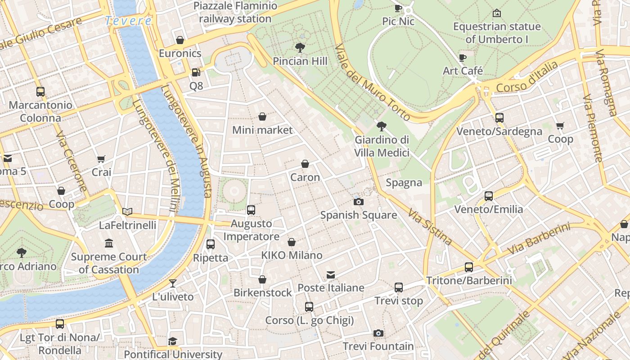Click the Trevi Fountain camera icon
click(378, 333)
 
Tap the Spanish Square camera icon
click(359, 202)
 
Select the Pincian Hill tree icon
click(300, 47)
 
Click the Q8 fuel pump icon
click(196, 72)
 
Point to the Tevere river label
click(128, 21)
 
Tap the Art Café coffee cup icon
click(463, 58)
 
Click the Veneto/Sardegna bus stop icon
click(499, 118)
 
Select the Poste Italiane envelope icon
click(331, 274)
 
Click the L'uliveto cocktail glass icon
click(172, 283)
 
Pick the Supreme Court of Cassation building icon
click(109, 243)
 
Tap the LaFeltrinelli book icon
click(127, 211)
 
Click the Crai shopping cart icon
click(101, 159)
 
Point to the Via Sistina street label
click(430, 226)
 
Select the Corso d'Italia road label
click(527, 77)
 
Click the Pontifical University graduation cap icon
click(173, 342)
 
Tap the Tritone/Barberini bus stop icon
click(469, 267)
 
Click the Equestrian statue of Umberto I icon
click(497, 13)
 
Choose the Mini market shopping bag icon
click(262, 117)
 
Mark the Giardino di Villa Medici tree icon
click(382, 126)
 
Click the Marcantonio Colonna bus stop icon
click(40, 92)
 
